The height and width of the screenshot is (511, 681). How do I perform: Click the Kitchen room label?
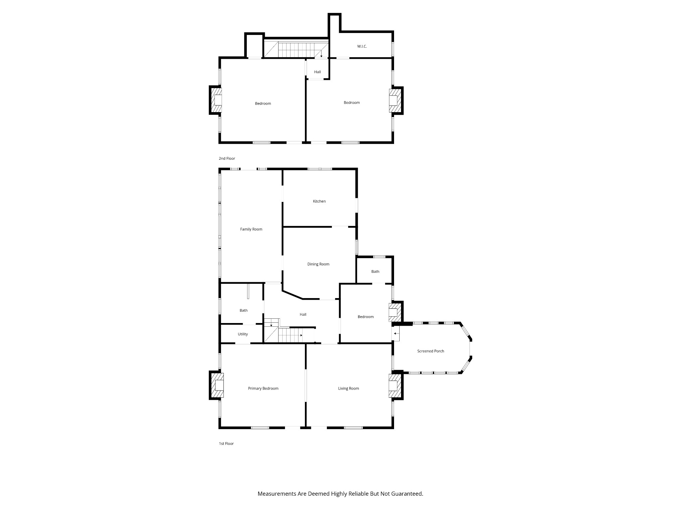click(x=319, y=201)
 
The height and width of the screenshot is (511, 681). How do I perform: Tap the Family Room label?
click(x=251, y=229)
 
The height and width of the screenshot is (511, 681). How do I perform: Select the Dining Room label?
click(x=318, y=264)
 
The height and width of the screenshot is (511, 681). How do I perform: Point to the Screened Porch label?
click(x=431, y=351)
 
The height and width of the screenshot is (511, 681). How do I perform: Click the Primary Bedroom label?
click(x=263, y=388)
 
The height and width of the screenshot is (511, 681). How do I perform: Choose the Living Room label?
click(x=348, y=388)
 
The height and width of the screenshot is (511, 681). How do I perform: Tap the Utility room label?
click(x=243, y=334)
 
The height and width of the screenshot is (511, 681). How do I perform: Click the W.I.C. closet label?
click(x=362, y=46)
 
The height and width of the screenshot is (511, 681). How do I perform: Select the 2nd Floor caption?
click(x=227, y=158)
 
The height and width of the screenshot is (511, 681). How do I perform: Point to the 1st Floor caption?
click(x=226, y=443)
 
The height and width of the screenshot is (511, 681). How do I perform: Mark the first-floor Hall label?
click(x=303, y=314)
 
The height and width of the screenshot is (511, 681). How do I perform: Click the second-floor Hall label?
click(x=318, y=72)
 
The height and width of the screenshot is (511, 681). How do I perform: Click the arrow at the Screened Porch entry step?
click(x=396, y=333)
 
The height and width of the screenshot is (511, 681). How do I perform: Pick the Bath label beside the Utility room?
click(x=243, y=310)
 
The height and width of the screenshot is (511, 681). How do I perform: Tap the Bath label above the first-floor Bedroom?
click(x=375, y=271)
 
